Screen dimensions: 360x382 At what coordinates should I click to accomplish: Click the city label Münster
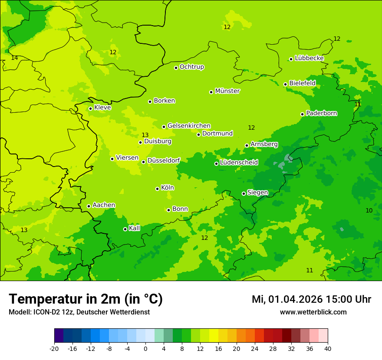pyautogui.click(x=227, y=91)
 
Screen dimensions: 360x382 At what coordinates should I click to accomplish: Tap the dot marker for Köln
pyautogui.click(x=157, y=189)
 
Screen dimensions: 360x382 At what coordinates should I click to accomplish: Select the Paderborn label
pyautogui.click(x=322, y=113)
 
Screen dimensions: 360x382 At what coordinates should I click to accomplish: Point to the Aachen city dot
pyautogui.click(x=89, y=206)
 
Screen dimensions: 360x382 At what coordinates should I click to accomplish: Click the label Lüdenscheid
pyautogui.click(x=239, y=163)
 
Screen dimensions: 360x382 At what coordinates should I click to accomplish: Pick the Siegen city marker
pyautogui.click(x=244, y=193)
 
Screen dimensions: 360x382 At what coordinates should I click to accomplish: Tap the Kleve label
pyautogui.click(x=102, y=108)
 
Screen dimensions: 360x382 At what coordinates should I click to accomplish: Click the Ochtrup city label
pyautogui.click(x=192, y=67)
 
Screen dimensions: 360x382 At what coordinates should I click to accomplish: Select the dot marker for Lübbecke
pyautogui.click(x=291, y=59)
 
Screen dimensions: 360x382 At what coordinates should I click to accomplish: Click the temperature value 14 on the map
pyautogui.click(x=14, y=58)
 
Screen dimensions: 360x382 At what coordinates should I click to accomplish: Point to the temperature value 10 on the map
pyautogui.click(x=369, y=210)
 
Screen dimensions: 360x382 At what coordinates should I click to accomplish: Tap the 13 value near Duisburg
pyautogui.click(x=145, y=135)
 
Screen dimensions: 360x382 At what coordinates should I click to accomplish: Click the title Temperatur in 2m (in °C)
pyautogui.click(x=86, y=299)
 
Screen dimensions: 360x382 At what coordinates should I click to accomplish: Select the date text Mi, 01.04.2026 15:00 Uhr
pyautogui.click(x=311, y=299)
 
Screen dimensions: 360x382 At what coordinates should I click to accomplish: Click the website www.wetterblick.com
pyautogui.click(x=313, y=312)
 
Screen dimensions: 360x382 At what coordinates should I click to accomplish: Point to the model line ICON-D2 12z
pyautogui.click(x=79, y=312)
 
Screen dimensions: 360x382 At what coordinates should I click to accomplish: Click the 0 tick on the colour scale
pyautogui.click(x=145, y=348)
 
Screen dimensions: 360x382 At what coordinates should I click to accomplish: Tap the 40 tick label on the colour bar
pyautogui.click(x=328, y=348)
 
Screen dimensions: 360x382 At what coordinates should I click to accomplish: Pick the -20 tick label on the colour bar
pyautogui.click(x=54, y=348)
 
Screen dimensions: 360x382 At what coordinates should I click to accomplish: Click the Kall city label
pyautogui.click(x=135, y=228)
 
